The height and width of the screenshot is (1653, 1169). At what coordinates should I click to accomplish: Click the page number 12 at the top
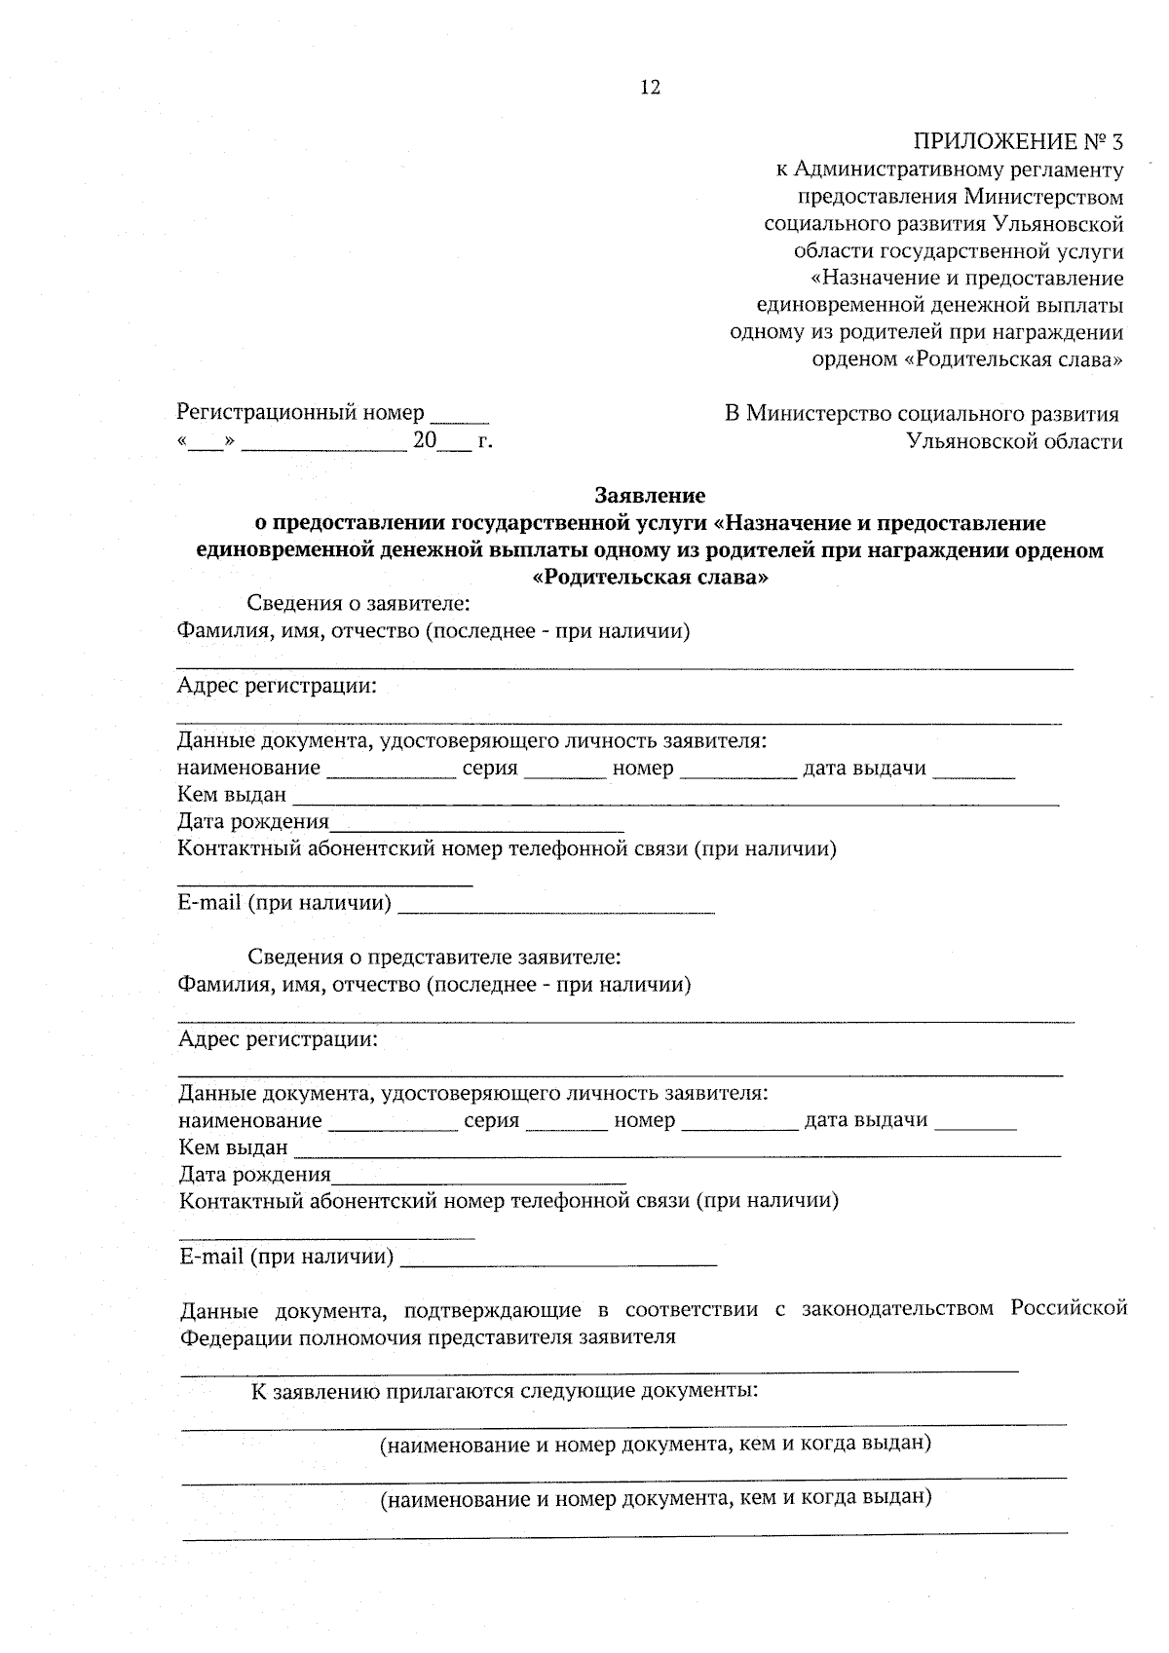650,88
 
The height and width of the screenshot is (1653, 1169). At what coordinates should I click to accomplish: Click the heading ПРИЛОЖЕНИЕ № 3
1017,142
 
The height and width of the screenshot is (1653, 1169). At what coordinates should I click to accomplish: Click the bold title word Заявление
649,496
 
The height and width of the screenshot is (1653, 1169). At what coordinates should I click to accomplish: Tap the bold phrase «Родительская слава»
650,578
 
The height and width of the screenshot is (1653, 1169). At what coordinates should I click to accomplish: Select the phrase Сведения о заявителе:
358,604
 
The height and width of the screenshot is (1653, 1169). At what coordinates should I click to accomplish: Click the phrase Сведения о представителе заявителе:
434,957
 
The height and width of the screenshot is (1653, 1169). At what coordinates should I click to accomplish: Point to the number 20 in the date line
425,440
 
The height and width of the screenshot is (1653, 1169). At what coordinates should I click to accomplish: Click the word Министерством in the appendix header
1043,197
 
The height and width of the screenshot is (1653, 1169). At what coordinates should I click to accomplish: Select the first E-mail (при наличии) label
284,903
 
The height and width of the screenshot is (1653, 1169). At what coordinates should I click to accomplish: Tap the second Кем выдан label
234,1147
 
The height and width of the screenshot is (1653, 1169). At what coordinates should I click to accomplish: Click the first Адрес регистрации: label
277,686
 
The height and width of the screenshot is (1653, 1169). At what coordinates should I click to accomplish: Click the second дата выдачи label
865,1120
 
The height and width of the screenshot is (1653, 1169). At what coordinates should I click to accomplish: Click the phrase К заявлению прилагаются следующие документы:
505,1390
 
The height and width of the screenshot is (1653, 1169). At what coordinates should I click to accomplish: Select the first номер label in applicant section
642,769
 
